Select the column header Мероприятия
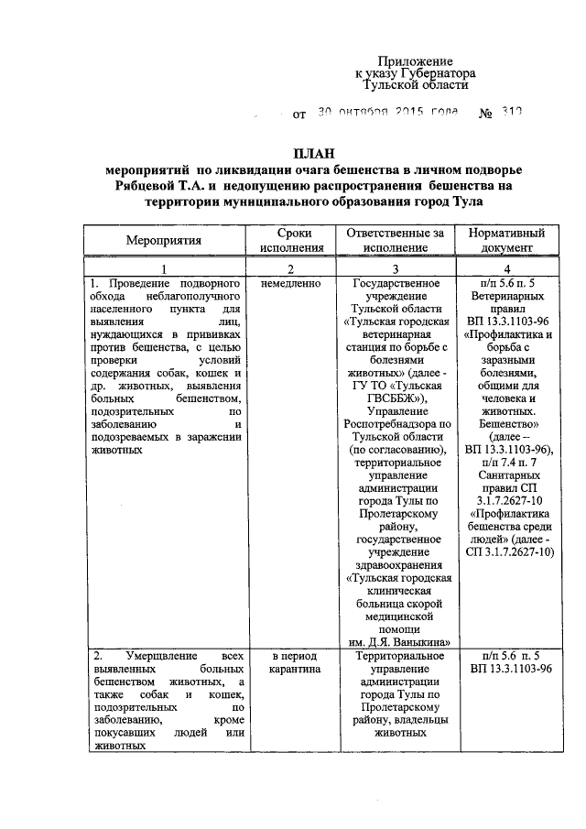click(165, 240)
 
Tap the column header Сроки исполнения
click(291, 240)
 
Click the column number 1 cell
click(165, 268)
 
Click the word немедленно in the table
click(290, 285)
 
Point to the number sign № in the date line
click(486, 115)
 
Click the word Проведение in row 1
click(143, 285)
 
